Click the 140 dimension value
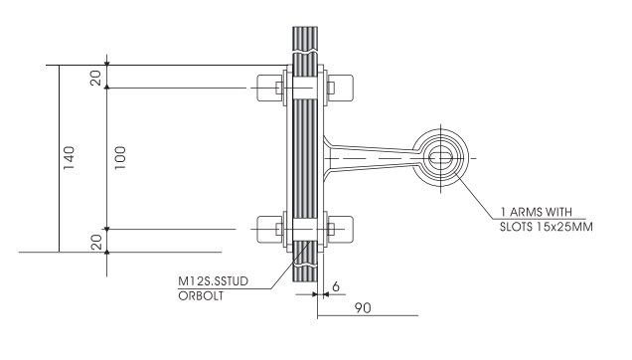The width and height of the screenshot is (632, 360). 69,157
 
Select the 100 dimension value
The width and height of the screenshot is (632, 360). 119,157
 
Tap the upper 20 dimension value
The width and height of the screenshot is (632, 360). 96,77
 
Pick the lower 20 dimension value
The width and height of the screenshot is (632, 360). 96,240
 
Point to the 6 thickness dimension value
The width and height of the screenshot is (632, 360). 336,285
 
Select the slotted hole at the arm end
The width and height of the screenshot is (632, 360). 442,155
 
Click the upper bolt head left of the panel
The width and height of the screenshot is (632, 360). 269,87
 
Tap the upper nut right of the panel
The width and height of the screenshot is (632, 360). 334,87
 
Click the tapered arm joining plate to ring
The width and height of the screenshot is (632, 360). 373,155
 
